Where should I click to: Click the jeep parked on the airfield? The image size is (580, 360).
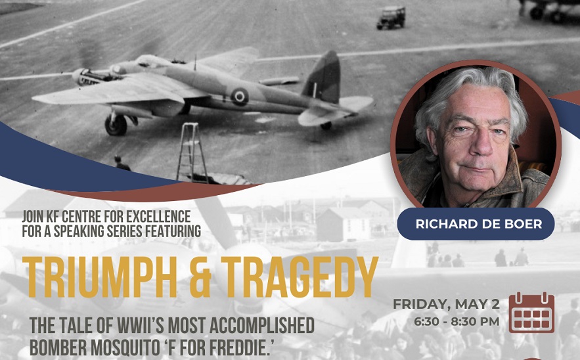tap(391, 18)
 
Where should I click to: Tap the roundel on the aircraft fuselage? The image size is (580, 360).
tap(239, 97)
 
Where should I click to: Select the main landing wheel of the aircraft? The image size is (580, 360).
tap(116, 125)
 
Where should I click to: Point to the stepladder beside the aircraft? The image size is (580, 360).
tap(192, 152)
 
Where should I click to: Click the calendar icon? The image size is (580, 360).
tap(531, 313)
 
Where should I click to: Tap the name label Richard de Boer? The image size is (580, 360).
tap(479, 224)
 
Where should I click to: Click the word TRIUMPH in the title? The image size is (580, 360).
tap(99, 277)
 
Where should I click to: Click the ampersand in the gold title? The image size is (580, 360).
tap(200, 277)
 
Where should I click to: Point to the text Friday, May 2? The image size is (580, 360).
tap(446, 304)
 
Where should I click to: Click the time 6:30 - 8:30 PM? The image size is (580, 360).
tap(457, 321)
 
